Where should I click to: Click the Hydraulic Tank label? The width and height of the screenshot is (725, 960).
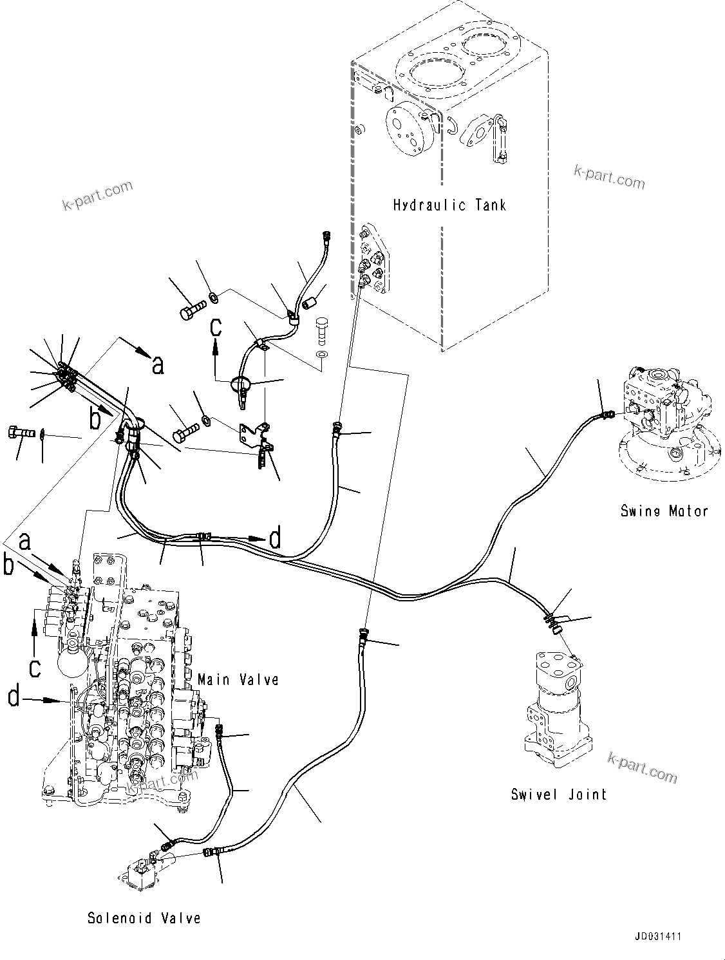449,205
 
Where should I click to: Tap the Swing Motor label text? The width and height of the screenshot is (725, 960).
664,511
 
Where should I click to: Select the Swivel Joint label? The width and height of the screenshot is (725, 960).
559,794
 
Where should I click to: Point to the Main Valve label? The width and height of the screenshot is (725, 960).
238,679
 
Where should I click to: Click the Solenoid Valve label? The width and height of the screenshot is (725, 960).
144,918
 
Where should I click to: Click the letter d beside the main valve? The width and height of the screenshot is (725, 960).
14,697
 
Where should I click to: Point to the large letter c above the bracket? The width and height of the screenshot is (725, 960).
216,326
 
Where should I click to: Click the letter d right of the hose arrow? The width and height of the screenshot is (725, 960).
275,538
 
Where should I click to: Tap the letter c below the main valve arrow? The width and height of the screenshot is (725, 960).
35,666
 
